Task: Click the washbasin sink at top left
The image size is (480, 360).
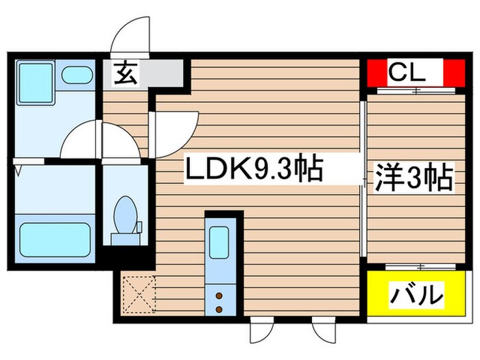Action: [77, 75]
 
